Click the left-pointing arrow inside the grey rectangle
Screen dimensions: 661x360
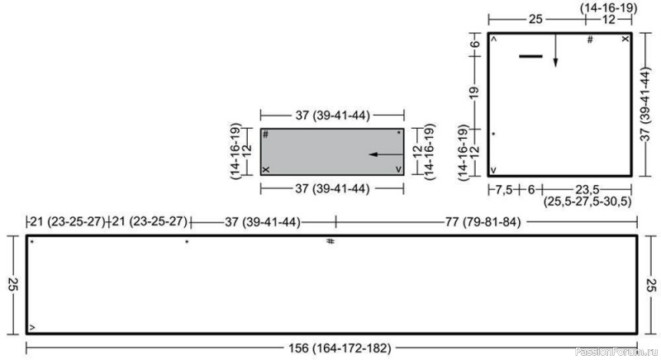point(386,154)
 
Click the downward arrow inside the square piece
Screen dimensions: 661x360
point(555,50)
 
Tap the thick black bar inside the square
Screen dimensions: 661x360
point(530,56)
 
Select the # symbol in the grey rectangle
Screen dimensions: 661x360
point(265,135)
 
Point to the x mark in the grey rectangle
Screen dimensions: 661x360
point(266,170)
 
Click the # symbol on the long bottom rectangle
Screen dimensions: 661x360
point(330,241)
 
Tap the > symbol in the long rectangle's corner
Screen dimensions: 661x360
point(32,328)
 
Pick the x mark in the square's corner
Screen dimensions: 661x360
point(625,39)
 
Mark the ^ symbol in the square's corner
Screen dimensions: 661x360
point(494,39)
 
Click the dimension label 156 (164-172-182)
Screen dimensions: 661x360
point(340,348)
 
